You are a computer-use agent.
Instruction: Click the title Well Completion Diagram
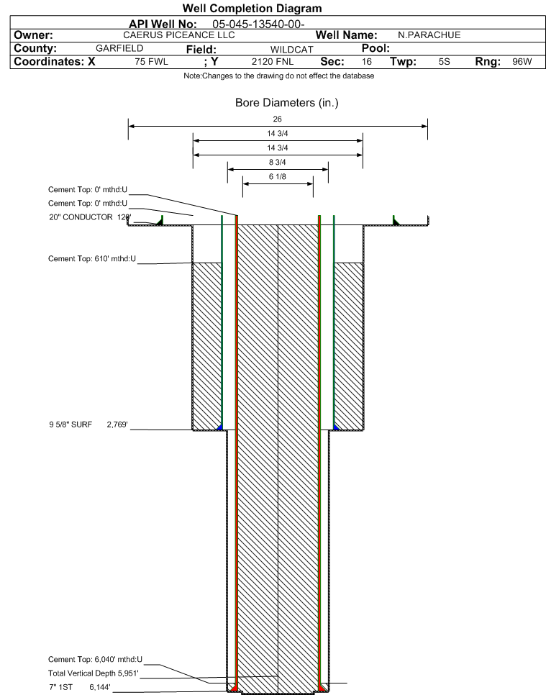[252, 9]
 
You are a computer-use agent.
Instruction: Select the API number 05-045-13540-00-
[258, 24]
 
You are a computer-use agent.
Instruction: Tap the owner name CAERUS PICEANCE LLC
[179, 35]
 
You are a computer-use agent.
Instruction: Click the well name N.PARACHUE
[429, 35]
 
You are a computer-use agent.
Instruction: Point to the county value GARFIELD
[119, 48]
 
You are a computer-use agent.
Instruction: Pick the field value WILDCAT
[291, 50]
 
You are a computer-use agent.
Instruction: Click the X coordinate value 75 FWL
[152, 62]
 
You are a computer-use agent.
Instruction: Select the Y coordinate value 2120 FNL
[273, 62]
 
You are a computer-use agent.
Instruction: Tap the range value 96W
[522, 62]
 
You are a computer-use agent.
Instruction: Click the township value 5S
[445, 62]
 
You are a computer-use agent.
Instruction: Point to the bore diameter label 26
[278, 119]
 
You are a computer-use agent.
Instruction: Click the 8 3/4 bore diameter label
[278, 162]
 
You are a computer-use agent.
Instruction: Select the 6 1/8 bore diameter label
[278, 176]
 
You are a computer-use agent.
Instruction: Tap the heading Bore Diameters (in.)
[287, 103]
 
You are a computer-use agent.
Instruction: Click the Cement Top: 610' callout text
[92, 258]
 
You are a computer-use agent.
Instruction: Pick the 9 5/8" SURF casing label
[70, 424]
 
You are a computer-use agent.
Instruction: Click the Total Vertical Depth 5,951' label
[94, 673]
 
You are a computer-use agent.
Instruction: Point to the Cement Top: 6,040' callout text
[95, 660]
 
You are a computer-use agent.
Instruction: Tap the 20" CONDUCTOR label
[81, 217]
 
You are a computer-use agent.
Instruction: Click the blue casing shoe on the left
[219, 427]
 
